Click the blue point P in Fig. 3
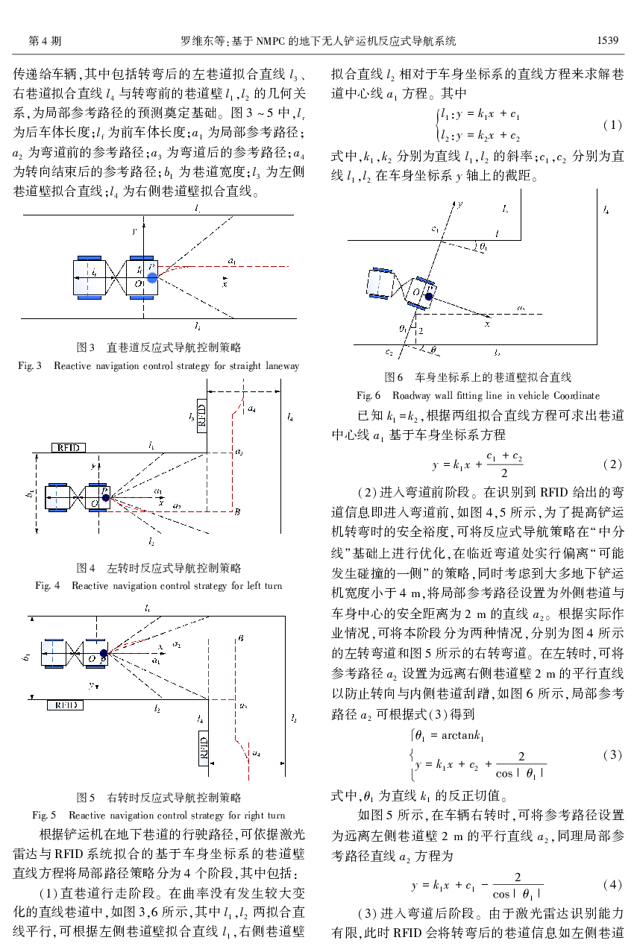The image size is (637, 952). [x=152, y=277]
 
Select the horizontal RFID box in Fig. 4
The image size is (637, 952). [x=69, y=447]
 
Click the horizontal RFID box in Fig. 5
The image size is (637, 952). [x=65, y=704]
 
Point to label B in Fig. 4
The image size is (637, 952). [x=236, y=511]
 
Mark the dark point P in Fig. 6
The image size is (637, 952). [x=429, y=296]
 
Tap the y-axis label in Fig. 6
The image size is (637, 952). [x=461, y=203]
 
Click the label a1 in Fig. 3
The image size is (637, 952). [x=233, y=262]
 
